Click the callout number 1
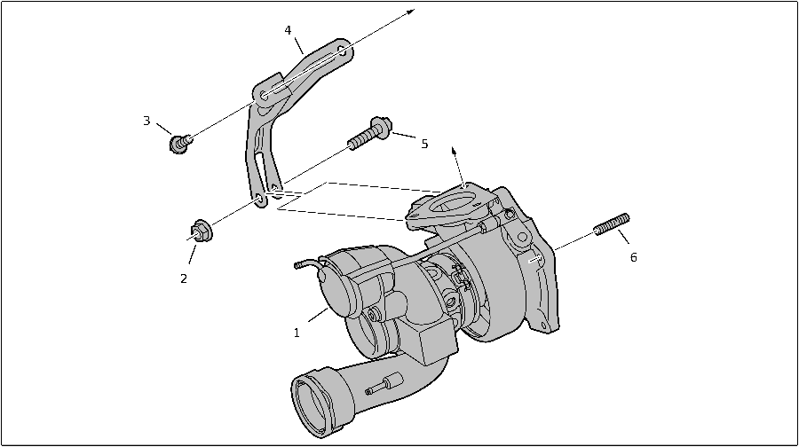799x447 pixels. pyautogui.click(x=297, y=333)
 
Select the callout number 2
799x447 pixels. pyautogui.click(x=184, y=278)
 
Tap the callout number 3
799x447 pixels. pyautogui.click(x=146, y=122)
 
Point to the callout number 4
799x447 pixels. pyautogui.click(x=288, y=30)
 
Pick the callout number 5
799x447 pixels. pyautogui.click(x=424, y=144)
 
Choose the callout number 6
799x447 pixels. pyautogui.click(x=633, y=257)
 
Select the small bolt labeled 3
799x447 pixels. pyautogui.click(x=180, y=143)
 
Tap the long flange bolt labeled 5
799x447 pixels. pyautogui.click(x=370, y=133)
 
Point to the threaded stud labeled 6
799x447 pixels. pyautogui.click(x=612, y=224)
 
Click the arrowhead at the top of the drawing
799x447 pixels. pyautogui.click(x=412, y=12)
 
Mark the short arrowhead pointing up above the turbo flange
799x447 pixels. pyautogui.click(x=454, y=152)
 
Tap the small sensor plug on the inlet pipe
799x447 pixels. pyautogui.click(x=384, y=384)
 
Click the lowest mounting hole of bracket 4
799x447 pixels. pyautogui.click(x=259, y=199)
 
